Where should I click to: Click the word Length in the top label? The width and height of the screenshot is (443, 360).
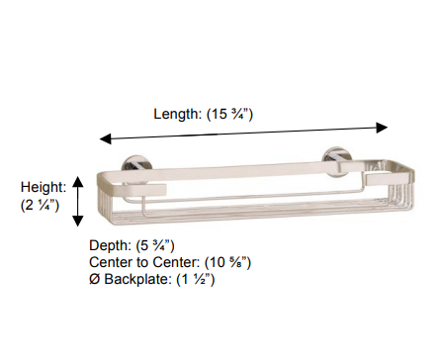click(177, 114)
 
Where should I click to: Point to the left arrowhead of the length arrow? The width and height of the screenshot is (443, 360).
click(105, 138)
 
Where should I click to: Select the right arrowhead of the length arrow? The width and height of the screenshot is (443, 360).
click(382, 128)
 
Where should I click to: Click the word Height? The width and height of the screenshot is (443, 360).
click(44, 188)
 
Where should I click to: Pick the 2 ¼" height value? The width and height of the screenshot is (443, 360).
click(40, 205)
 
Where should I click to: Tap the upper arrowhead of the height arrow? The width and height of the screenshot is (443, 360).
click(78, 182)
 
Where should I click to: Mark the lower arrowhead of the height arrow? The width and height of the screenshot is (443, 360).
click(78, 221)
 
